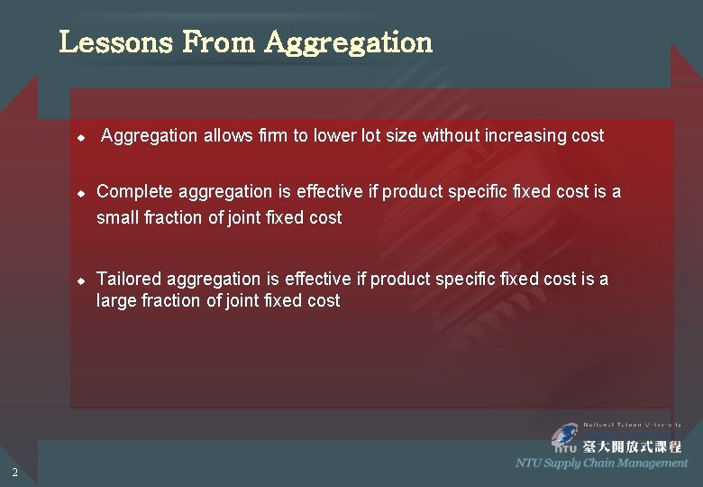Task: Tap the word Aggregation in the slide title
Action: (349, 43)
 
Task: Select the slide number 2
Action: (14, 472)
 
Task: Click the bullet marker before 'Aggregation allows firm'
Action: (80, 139)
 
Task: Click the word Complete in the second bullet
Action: (135, 192)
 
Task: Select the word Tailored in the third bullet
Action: (129, 280)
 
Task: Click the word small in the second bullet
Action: (117, 218)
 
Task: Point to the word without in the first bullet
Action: (451, 136)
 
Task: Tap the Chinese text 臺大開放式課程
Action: (632, 446)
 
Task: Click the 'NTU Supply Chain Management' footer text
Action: (601, 463)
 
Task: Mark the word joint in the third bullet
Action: (242, 301)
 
